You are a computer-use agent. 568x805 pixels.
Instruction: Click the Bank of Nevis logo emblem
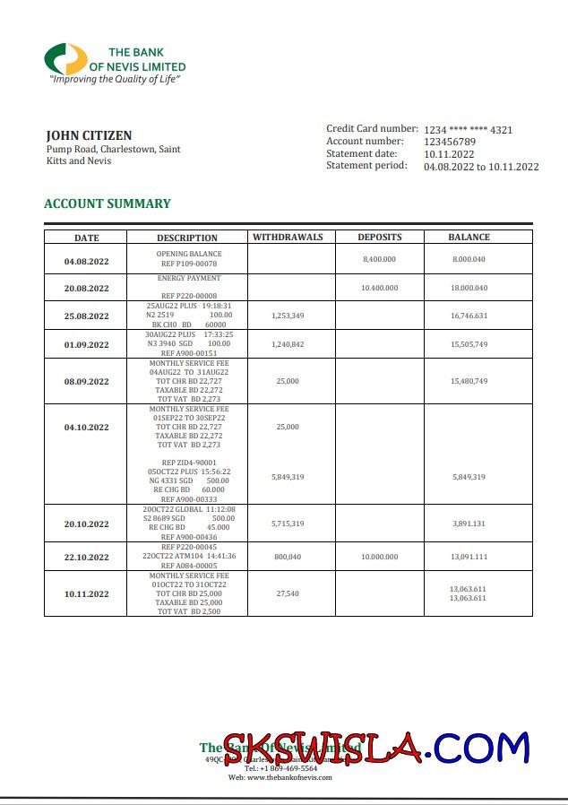pyautogui.click(x=65, y=59)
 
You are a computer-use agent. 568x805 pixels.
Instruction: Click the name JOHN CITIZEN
pyautogui.click(x=89, y=135)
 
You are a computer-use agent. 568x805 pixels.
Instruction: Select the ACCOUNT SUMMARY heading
pyautogui.click(x=107, y=203)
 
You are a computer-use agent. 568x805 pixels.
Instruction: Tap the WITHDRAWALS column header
pyautogui.click(x=288, y=238)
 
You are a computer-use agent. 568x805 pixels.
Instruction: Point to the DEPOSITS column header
pyautogui.click(x=380, y=238)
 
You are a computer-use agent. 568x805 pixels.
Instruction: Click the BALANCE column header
pyautogui.click(x=469, y=238)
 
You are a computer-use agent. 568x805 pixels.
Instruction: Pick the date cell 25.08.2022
pyautogui.click(x=86, y=316)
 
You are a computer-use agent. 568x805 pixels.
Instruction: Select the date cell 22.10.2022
pyautogui.click(x=86, y=557)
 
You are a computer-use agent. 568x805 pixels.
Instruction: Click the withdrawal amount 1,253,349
pyautogui.click(x=288, y=316)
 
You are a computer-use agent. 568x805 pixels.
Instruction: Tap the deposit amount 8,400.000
pyautogui.click(x=379, y=258)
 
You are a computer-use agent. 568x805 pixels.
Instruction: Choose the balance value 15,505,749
pyautogui.click(x=469, y=344)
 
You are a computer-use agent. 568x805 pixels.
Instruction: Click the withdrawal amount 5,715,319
pyautogui.click(x=288, y=524)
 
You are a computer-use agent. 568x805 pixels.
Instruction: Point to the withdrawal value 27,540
pyautogui.click(x=288, y=593)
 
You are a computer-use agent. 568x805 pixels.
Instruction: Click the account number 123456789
pyautogui.click(x=450, y=142)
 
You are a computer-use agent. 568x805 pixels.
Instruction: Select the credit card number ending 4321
pyautogui.click(x=468, y=130)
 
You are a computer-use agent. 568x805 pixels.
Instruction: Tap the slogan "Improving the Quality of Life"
pyautogui.click(x=115, y=80)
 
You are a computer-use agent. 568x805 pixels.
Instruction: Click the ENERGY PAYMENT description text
pyautogui.click(x=189, y=279)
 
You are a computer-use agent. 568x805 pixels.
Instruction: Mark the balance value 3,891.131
pyautogui.click(x=469, y=524)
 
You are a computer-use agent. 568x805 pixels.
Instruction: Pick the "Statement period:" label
pyautogui.click(x=366, y=165)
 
